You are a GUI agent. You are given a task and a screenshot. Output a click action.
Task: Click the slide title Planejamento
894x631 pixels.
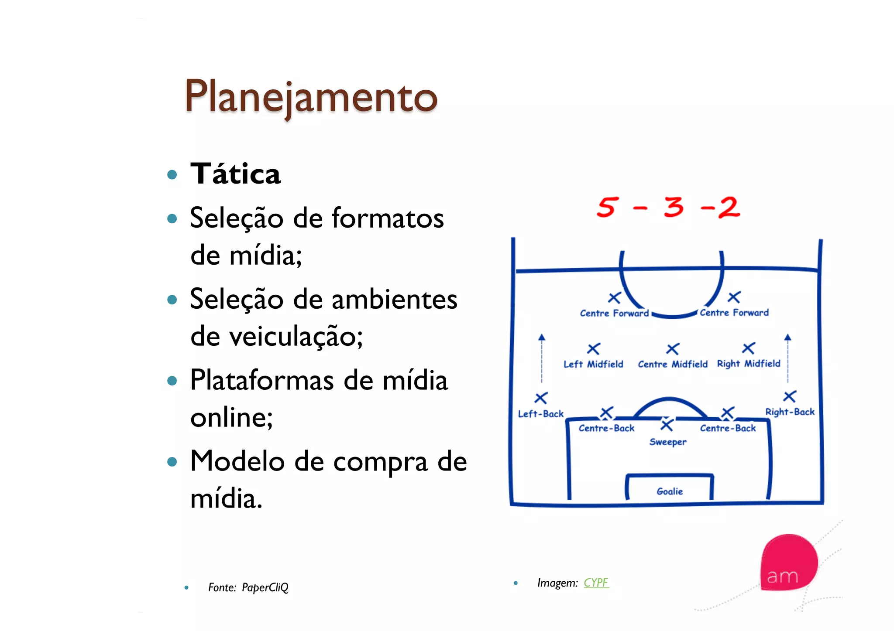311,97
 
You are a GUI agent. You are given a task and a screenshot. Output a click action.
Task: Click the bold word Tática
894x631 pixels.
235,174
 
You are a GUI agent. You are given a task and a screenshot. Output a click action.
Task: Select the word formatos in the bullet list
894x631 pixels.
388,218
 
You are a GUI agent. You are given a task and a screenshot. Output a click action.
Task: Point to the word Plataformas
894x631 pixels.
261,380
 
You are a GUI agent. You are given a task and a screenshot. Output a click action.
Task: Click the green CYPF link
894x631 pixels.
596,583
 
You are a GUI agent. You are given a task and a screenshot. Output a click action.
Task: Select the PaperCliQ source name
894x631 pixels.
265,587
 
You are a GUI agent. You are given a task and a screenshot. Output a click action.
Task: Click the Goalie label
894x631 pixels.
670,491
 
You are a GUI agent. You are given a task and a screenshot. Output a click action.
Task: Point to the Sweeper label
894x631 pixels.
668,442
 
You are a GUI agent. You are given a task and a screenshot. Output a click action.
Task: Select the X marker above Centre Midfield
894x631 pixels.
673,349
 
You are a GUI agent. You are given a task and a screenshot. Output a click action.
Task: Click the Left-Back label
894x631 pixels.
540,414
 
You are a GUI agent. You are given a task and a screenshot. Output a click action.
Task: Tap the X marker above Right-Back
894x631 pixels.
789,396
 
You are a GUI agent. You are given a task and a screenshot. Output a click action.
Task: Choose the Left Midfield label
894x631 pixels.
593,364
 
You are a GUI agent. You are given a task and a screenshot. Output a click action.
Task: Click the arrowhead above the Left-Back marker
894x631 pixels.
542,337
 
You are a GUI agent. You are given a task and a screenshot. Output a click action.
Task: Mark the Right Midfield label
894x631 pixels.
748,364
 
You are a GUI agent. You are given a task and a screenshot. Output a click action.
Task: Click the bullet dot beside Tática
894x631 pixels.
172,175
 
